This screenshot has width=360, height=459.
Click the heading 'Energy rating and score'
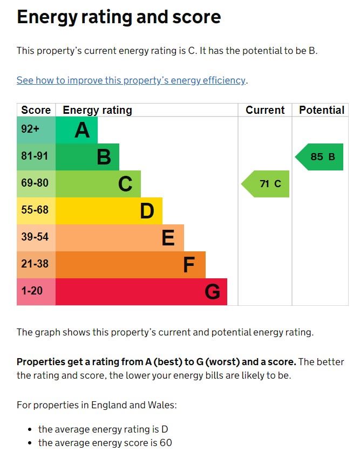coord(119,17)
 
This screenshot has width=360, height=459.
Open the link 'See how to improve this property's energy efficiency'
coord(131,80)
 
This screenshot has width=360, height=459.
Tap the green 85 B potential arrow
coord(320,157)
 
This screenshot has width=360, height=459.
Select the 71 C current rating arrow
coord(266,184)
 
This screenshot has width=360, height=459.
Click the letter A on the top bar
coord(82,130)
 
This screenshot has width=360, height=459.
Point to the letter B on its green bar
coord(104,157)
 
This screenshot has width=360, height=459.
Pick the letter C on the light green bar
coord(125,184)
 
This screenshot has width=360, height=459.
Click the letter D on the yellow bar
coord(147,211)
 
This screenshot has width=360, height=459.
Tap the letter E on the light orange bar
coord(168,238)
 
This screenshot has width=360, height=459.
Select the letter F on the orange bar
coord(189,265)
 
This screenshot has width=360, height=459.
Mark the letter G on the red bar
coord(212,292)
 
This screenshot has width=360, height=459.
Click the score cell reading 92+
coord(30,129)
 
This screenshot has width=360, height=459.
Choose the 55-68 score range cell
coord(35,210)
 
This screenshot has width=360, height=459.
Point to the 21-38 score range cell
coord(35,264)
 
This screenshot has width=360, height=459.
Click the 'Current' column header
coord(265,110)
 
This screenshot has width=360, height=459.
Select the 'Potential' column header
coord(322,110)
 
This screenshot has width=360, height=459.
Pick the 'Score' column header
coord(36,110)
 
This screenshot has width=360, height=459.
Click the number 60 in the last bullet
coord(166,443)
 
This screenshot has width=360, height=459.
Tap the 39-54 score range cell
coord(35,237)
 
